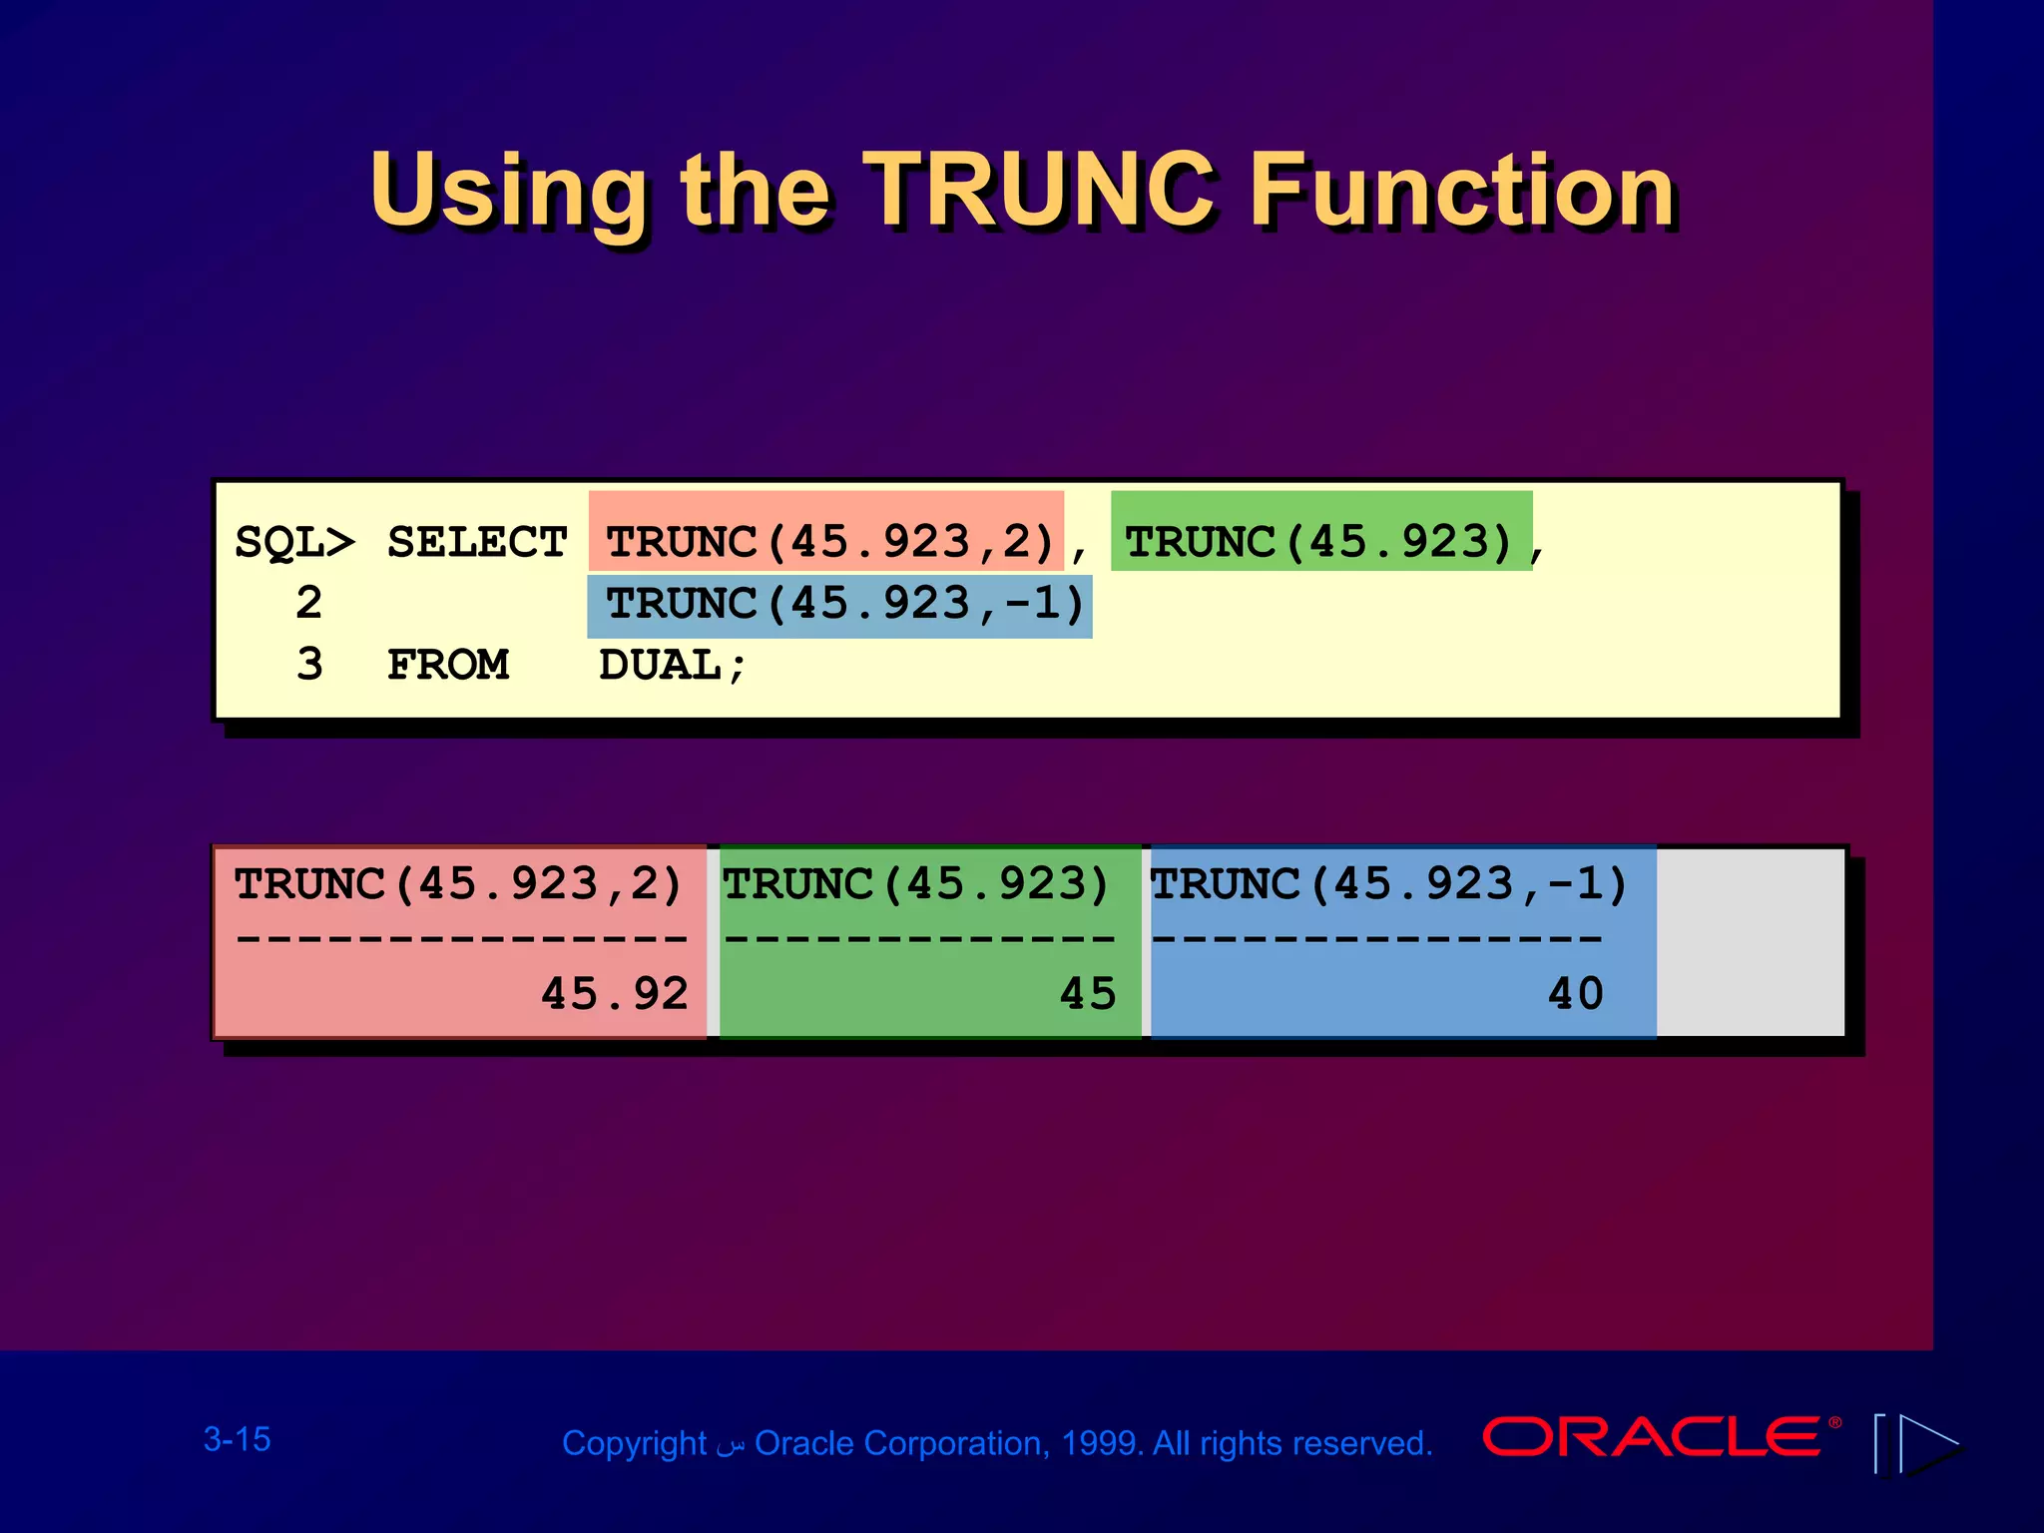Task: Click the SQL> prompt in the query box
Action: (294, 543)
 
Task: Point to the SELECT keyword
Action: (477, 543)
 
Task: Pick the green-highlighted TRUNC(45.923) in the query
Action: (1319, 542)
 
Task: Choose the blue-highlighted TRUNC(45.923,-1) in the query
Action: (844, 604)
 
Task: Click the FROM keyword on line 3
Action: (448, 665)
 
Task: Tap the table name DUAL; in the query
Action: (672, 666)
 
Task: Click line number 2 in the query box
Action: (309, 604)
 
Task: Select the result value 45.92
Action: (615, 994)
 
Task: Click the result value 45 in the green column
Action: (1088, 994)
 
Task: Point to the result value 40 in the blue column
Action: (1576, 994)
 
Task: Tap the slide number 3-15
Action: (238, 1439)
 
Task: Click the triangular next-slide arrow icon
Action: (1927, 1443)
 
